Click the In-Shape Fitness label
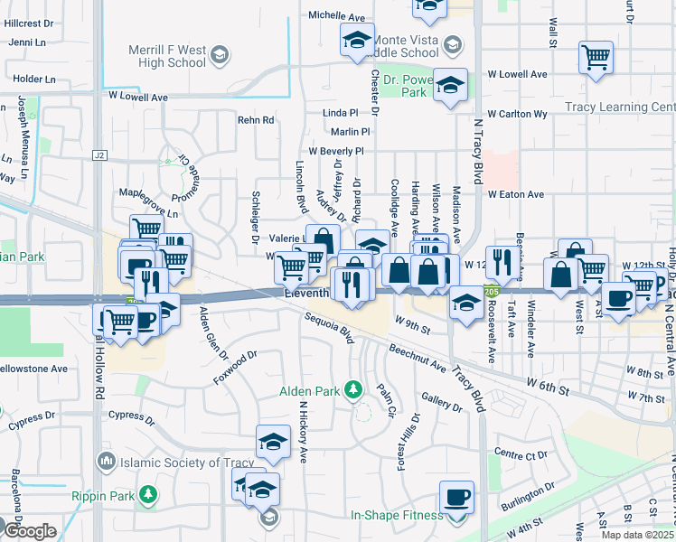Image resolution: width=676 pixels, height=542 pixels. [x=398, y=516]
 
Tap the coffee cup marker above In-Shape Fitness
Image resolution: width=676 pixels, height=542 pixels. [x=456, y=498]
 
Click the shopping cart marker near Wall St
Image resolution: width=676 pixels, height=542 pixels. [x=596, y=58]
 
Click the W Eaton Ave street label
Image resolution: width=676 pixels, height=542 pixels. [x=516, y=194]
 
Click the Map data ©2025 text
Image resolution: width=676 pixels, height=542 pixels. [x=638, y=535]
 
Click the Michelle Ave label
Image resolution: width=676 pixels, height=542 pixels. [x=336, y=16]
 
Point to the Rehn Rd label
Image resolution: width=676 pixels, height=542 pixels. [x=256, y=120]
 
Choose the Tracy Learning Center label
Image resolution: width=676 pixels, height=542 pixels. [x=620, y=107]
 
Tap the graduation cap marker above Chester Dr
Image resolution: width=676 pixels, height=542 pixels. [x=357, y=40]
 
